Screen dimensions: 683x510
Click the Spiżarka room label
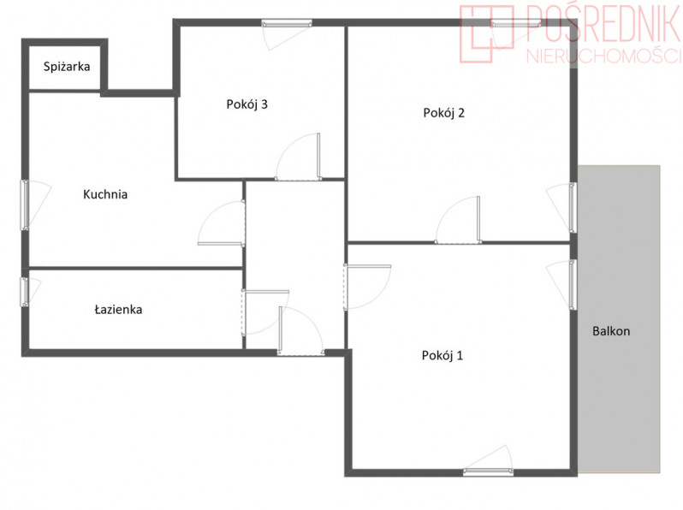[67, 67]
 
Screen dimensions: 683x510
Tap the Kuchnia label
[105, 194]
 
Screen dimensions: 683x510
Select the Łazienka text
[118, 310]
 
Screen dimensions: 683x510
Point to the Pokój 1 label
[442, 356]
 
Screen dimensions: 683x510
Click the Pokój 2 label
[444, 113]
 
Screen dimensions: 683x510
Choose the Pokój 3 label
[247, 104]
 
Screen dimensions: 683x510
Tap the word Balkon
[611, 331]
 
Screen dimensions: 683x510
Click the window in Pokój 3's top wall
[287, 23]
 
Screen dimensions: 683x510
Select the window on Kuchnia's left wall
[26, 205]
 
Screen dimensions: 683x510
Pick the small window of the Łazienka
[25, 291]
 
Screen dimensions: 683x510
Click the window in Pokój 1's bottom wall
[488, 471]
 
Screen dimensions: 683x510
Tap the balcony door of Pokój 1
[573, 285]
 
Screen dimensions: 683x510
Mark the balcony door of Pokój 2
[573, 208]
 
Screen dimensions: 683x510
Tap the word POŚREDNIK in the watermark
[603, 22]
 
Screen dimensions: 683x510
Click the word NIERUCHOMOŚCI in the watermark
[603, 56]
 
